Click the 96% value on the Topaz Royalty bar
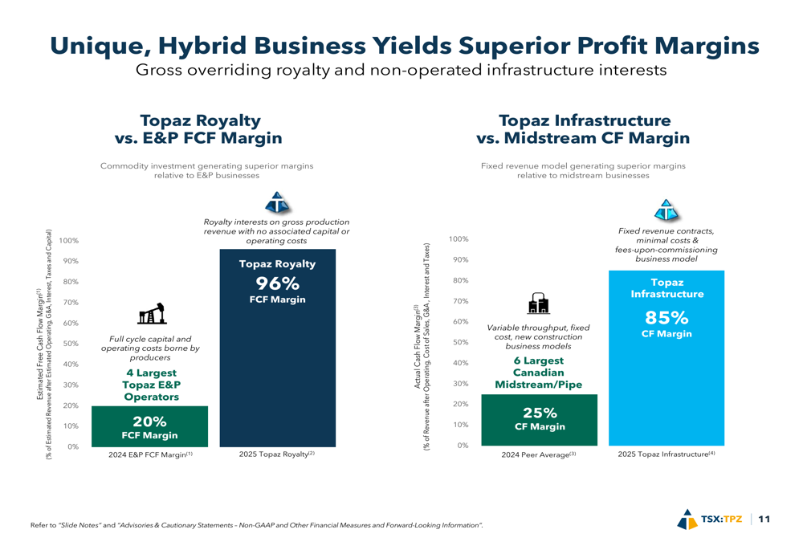point(278,283)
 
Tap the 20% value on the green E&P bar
point(149,422)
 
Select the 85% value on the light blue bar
point(666,318)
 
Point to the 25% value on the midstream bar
point(540,413)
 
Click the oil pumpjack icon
point(152,313)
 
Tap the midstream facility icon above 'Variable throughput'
point(538,303)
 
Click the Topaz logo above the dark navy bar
point(277,202)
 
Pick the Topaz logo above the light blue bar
point(666,210)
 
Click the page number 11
point(764,519)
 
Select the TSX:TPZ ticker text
point(722,519)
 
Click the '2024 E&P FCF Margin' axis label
point(151,454)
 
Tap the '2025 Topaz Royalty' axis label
point(276,454)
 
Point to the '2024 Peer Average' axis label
point(539,454)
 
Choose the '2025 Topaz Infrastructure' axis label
point(666,454)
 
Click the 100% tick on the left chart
point(69,241)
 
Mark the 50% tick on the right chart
point(461,342)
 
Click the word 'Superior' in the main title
point(516,46)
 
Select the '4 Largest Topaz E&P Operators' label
point(152,385)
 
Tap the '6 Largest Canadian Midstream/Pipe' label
point(538,373)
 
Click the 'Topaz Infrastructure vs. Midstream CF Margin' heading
point(583,129)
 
